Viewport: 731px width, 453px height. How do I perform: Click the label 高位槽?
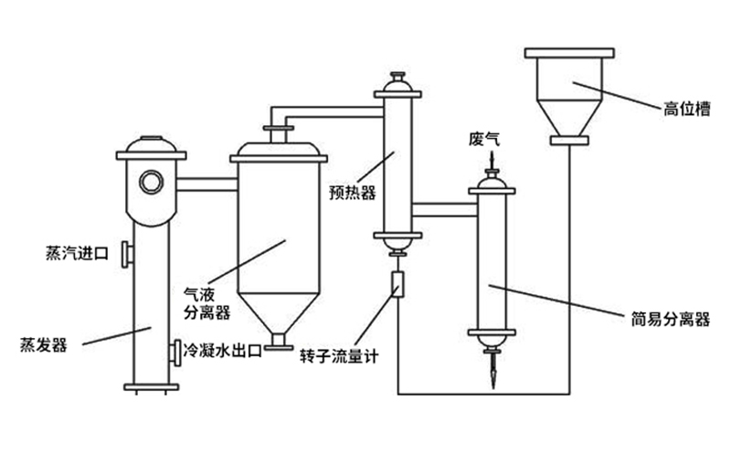[x=686, y=110]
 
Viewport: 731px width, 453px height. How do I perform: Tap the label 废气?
[x=484, y=139]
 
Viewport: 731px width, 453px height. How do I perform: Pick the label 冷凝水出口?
[x=223, y=351]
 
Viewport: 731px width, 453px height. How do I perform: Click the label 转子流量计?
[x=338, y=354]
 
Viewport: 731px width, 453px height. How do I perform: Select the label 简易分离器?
[x=671, y=320]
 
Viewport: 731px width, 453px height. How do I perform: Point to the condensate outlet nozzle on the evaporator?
[x=175, y=351]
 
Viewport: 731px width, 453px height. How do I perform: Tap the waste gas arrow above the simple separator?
[x=492, y=164]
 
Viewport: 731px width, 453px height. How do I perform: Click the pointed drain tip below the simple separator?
[x=492, y=374]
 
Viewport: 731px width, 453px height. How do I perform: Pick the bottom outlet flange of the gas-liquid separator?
[x=280, y=345]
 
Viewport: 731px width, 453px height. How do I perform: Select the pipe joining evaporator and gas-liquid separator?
[x=207, y=184]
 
